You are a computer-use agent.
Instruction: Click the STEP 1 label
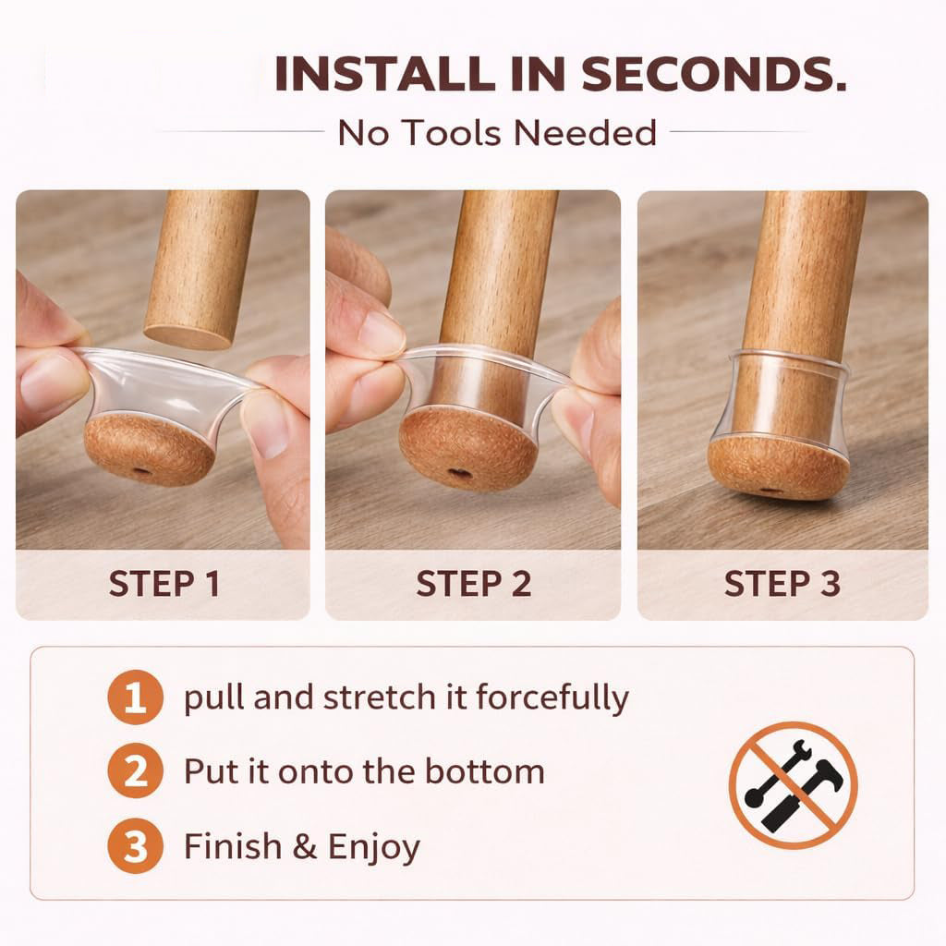point(164,584)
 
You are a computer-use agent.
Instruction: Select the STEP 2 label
point(474,584)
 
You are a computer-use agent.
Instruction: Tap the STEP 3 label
point(782,584)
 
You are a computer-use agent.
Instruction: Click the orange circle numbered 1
point(135,697)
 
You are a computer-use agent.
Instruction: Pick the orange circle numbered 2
point(135,771)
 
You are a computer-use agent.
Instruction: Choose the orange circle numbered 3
point(135,846)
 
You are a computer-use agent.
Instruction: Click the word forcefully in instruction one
point(552,697)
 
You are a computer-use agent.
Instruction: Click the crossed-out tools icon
point(794,785)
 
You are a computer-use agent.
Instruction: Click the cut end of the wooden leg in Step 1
point(188,336)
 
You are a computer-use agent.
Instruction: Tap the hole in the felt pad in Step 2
point(460,474)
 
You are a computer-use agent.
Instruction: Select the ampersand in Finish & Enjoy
point(305,846)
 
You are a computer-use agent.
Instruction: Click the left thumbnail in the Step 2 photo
point(379,334)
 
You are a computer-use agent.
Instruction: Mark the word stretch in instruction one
point(379,697)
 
